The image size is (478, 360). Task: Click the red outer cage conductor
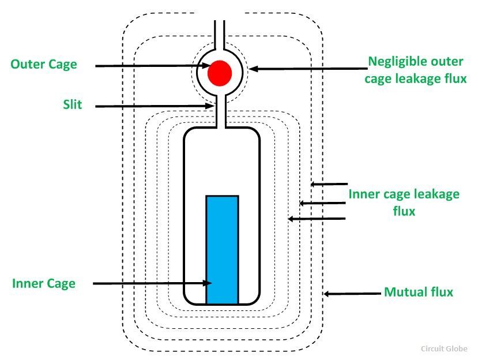pos(220,73)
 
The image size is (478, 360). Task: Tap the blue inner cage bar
pos(222,250)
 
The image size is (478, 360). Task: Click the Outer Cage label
pos(44,65)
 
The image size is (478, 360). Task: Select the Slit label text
pos(73,104)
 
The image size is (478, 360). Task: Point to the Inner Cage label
pos(44,284)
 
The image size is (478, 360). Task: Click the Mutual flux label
pos(419,292)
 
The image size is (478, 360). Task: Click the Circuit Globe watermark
pos(444,348)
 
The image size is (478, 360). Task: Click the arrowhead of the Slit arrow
pos(209,106)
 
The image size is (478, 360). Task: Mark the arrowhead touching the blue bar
pos(208,283)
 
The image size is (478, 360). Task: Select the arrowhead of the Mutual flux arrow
pos(327,294)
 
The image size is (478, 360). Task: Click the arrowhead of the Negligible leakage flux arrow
pos(254,69)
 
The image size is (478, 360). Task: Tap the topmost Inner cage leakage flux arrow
pos(329,184)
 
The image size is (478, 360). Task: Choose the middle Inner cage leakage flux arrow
pos(322,203)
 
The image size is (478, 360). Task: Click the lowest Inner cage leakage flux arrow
pos(317,219)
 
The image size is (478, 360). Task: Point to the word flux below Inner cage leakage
pos(404,211)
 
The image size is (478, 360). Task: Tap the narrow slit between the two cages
pos(221,111)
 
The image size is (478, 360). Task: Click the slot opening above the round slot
pos(220,35)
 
